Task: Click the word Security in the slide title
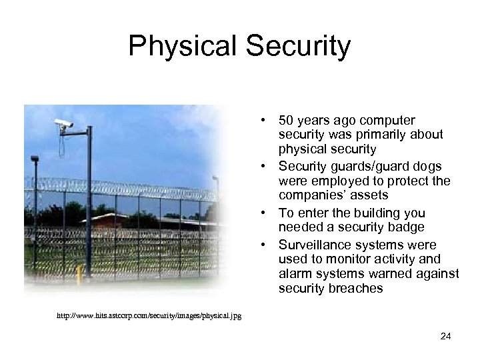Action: click(x=294, y=46)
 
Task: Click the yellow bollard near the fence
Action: click(x=79, y=273)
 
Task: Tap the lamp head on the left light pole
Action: click(x=35, y=159)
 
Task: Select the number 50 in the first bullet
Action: click(x=286, y=121)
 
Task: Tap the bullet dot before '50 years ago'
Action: click(x=265, y=121)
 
